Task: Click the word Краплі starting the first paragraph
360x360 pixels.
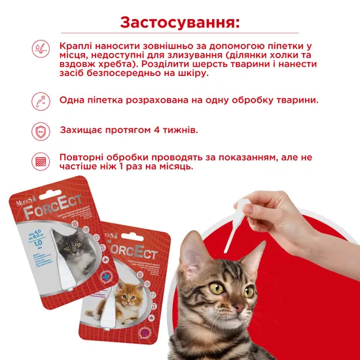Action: [77, 46]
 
